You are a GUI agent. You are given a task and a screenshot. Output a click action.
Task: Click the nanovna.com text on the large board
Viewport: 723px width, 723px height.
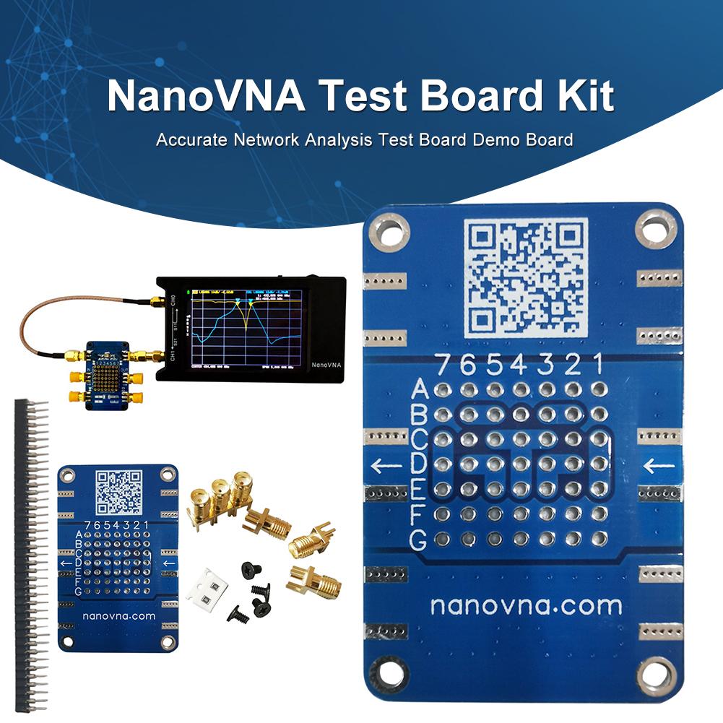(526, 605)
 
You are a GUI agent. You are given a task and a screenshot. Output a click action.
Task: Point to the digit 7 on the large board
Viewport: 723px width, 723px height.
(442, 364)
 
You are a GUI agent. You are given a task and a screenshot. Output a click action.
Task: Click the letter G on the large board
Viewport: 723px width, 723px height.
(418, 539)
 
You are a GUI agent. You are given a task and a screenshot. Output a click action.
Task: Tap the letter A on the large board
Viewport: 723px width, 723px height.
(420, 391)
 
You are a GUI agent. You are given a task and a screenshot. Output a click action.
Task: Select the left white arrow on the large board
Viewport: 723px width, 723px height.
(387, 466)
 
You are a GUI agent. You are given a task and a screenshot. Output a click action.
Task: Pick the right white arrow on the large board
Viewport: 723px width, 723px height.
(659, 466)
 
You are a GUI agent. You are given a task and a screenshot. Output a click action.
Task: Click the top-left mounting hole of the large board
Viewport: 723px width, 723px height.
(390, 231)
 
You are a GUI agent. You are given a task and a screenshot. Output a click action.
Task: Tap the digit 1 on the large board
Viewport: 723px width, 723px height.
(597, 364)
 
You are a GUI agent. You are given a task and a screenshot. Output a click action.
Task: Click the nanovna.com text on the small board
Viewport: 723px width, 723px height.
(118, 616)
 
